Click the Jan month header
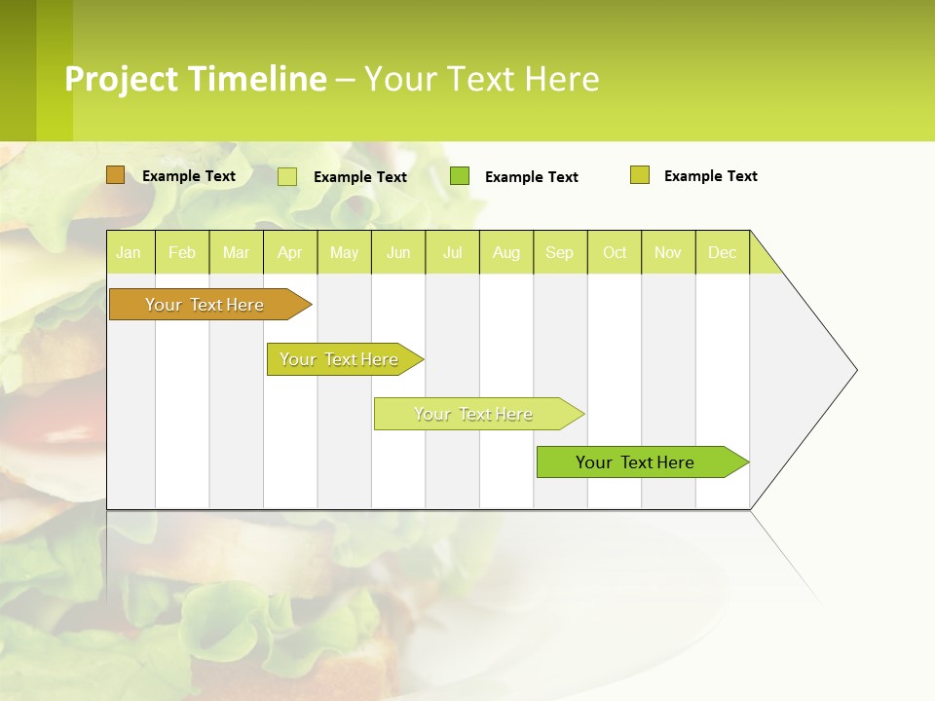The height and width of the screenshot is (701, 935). pos(129,253)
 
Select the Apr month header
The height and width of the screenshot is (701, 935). pos(290,253)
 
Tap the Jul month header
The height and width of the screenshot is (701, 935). pos(453,253)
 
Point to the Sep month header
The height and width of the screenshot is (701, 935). pos(560,253)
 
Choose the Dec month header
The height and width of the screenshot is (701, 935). pos(723,253)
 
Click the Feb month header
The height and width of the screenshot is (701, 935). pos(182,253)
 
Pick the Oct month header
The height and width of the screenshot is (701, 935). pos(615,253)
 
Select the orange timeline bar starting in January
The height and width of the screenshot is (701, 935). pos(206,305)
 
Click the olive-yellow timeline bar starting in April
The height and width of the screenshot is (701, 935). pos(340,359)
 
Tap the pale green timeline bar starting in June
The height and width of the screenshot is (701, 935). pos(474,414)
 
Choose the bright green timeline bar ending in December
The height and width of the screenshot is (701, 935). pos(636,462)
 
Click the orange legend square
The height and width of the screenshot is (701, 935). pos(116,175)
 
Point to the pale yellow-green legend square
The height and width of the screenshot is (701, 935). pos(287,176)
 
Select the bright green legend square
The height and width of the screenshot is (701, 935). pos(460,176)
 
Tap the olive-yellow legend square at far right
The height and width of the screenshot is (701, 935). pos(640,175)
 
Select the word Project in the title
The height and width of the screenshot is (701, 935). pos(119,78)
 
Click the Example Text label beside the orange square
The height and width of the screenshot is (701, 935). pos(189,176)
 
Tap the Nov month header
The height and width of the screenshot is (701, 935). pos(668,253)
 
